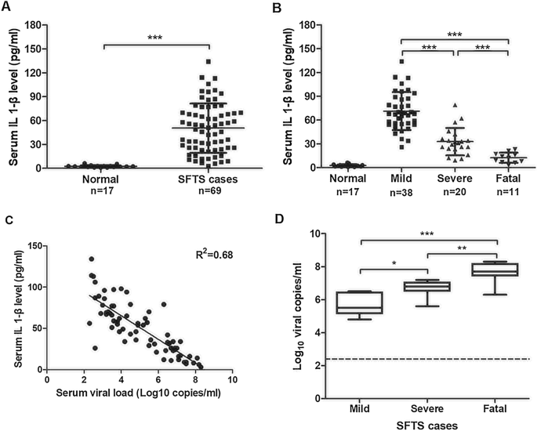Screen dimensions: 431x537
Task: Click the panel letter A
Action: [7, 8]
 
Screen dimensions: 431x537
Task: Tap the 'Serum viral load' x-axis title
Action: [139, 392]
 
